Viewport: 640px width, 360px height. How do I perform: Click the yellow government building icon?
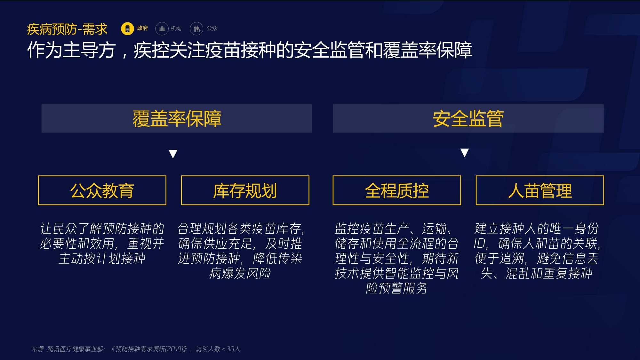click(x=127, y=28)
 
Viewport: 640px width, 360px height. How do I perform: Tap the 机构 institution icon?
click(x=162, y=28)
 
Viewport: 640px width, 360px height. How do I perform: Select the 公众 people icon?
click(x=196, y=28)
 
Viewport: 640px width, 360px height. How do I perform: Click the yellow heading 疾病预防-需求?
click(x=67, y=29)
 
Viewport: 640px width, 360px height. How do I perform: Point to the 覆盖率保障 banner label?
click(x=177, y=118)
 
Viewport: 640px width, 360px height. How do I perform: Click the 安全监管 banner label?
click(x=468, y=118)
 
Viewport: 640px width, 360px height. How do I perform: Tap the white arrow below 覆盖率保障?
click(x=173, y=154)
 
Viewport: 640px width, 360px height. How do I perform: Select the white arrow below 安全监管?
click(x=465, y=153)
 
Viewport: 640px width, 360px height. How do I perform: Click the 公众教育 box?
click(x=102, y=190)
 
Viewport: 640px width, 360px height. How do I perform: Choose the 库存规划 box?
click(x=245, y=190)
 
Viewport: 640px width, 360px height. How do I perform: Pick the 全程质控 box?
click(x=397, y=190)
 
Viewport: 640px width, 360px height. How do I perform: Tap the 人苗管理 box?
click(x=540, y=190)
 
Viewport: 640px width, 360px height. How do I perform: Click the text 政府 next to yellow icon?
click(x=142, y=28)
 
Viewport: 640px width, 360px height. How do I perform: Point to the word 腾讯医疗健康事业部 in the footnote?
click(x=76, y=349)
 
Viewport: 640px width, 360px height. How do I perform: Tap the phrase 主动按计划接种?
click(x=102, y=258)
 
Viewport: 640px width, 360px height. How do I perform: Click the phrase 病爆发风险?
click(x=240, y=273)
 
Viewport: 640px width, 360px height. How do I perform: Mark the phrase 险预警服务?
click(x=397, y=288)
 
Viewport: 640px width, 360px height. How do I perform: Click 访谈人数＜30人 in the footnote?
click(x=218, y=349)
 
